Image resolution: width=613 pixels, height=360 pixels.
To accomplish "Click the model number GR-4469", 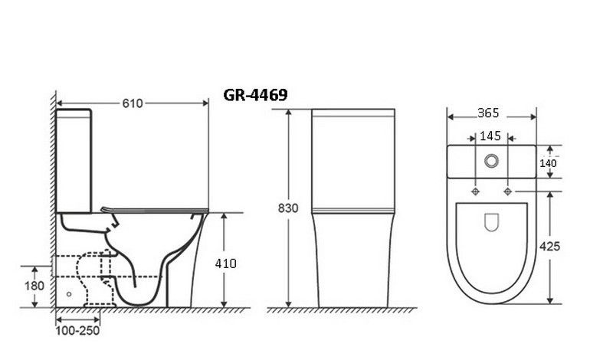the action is [x=255, y=95].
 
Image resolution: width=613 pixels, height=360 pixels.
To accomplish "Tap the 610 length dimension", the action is [x=133, y=103].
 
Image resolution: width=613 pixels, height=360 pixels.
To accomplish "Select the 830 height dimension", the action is [x=288, y=208].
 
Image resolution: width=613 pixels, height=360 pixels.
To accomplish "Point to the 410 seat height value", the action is [x=225, y=263].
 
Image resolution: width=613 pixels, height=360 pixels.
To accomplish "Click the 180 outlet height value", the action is [x=34, y=286].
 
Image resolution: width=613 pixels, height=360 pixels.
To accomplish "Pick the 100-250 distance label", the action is [x=77, y=331].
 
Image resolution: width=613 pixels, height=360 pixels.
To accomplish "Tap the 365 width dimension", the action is [x=488, y=113].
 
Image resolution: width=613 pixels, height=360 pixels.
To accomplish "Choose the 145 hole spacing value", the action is [x=490, y=136].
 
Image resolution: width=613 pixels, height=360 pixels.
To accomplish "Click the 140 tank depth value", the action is [x=548, y=163].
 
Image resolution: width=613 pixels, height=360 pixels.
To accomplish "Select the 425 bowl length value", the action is [x=549, y=246].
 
